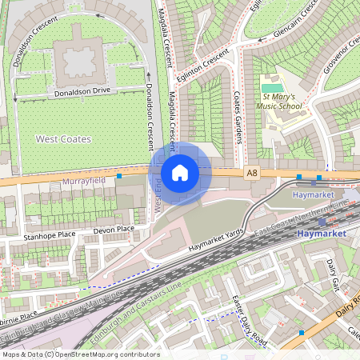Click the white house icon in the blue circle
pos(180,172)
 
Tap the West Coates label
pos(63,139)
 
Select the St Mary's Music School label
pos(279,100)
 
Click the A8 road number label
pos(253,173)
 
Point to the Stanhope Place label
pos(49,236)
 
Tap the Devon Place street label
pos(114,230)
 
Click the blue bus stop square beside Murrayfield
pos(118,175)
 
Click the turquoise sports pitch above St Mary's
pos(272,87)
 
